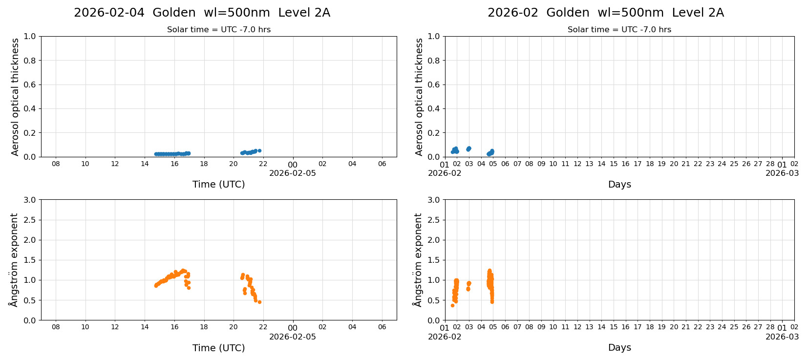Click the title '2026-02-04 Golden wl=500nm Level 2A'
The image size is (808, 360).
pyautogui.click(x=202, y=13)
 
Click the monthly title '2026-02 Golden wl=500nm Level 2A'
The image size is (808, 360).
pyautogui.click(x=605, y=13)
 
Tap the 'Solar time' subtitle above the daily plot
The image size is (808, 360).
pyautogui.click(x=218, y=30)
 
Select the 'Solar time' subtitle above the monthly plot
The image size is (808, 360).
pyautogui.click(x=619, y=30)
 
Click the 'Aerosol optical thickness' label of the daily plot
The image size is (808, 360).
pyautogui.click(x=15, y=97)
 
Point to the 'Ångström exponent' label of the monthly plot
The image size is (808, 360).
pyautogui.click(x=418, y=260)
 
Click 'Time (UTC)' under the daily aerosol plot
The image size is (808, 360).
pyautogui.click(x=218, y=184)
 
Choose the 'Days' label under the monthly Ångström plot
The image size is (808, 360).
pyautogui.click(x=619, y=348)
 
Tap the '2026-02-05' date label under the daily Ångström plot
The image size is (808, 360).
pyautogui.click(x=292, y=337)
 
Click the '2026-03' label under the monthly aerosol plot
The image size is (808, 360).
pyautogui.click(x=782, y=173)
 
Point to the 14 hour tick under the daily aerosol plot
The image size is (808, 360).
pyautogui.click(x=145, y=164)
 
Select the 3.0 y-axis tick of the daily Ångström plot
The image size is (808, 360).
pyautogui.click(x=30, y=200)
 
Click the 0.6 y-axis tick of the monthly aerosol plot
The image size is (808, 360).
pyautogui.click(x=434, y=85)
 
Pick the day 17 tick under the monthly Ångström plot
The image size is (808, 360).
pyautogui.click(x=638, y=327)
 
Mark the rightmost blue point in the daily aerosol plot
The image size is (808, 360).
pyautogui.click(x=259, y=150)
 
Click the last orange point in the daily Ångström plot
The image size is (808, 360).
pyautogui.click(x=259, y=302)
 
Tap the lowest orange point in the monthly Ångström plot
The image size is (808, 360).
pyautogui.click(x=452, y=305)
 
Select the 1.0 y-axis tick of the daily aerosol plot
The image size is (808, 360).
pyautogui.click(x=30, y=36)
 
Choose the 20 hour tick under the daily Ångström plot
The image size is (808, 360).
pyautogui.click(x=234, y=327)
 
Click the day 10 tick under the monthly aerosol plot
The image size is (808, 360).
pyautogui.click(x=553, y=164)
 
